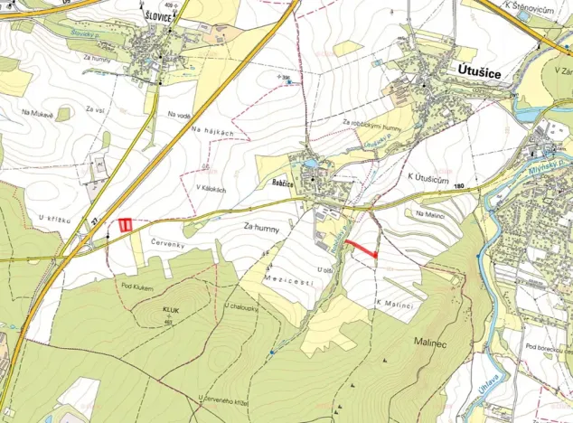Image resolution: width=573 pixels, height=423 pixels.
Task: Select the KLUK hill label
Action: (x=169, y=309)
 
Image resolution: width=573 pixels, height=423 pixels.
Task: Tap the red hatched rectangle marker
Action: (x=127, y=224)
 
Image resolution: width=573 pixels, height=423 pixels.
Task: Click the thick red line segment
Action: (x=361, y=247)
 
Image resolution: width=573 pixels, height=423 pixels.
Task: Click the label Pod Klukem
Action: (x=137, y=287)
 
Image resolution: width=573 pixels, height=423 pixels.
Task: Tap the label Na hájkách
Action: (x=212, y=133)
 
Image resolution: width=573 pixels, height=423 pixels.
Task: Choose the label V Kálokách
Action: (x=211, y=176)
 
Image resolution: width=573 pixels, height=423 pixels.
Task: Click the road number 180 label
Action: (x=460, y=187)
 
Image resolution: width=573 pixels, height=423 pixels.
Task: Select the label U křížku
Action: (x=54, y=218)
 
